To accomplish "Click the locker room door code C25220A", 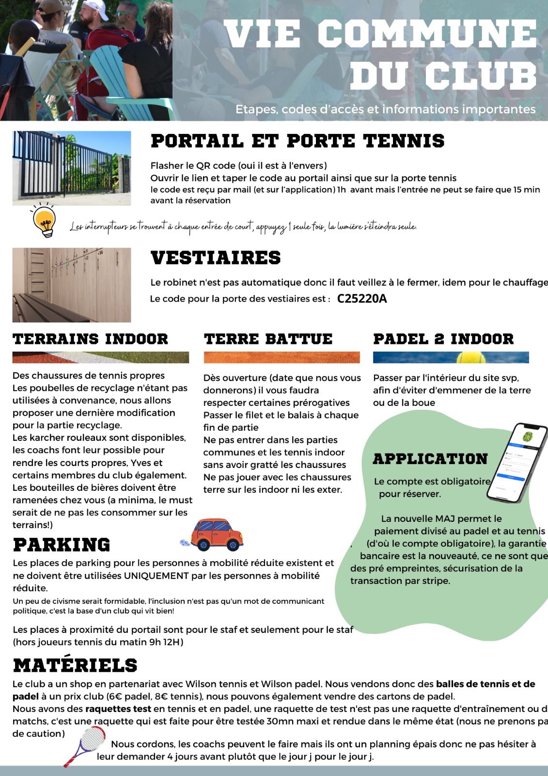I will tap(361, 299).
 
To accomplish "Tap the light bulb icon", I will tap(45, 221).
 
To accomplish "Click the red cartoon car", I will tap(216, 534).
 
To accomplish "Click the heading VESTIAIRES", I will tap(216, 258).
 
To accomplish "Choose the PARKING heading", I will tap(62, 545).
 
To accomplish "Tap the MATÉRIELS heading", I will tap(75, 665).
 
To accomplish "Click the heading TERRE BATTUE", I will tap(268, 339).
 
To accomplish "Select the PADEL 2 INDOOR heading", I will tap(443, 339).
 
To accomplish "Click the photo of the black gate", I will tap(72, 168).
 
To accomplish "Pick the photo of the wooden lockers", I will tap(72, 285).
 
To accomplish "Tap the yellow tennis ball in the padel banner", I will tap(470, 358).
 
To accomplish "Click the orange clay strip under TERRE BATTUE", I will tap(282, 358).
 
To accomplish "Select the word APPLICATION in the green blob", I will tap(430, 459).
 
